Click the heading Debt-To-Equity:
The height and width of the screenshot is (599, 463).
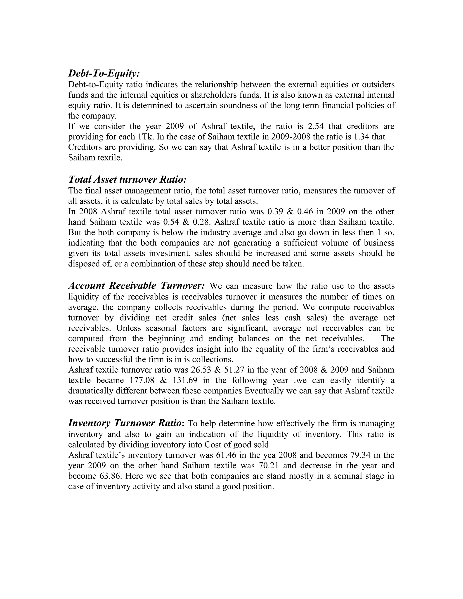click(104, 73)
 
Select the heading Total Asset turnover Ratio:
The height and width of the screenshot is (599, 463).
click(127, 180)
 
